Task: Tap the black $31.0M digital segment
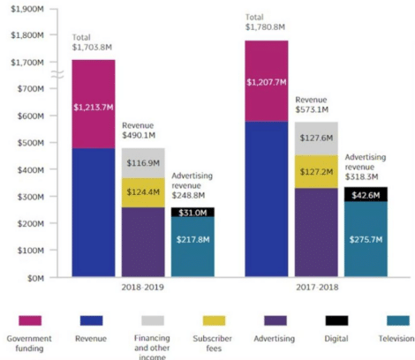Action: (192, 213)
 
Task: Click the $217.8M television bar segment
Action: (192, 248)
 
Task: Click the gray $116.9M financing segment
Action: (143, 163)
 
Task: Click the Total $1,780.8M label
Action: (268, 21)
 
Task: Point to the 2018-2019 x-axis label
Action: (141, 289)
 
